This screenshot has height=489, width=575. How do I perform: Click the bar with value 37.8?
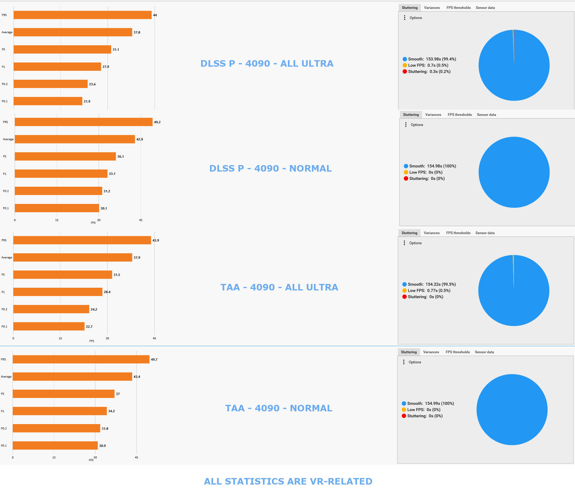73,32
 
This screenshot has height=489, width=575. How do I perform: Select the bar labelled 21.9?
48,101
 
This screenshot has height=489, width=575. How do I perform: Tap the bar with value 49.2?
84,122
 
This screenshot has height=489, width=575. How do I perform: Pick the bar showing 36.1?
65,156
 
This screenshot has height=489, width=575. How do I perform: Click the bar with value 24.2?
51,309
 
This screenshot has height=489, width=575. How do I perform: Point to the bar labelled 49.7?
81,359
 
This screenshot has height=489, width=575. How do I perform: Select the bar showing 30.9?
55,445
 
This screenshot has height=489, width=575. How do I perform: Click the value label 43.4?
137,377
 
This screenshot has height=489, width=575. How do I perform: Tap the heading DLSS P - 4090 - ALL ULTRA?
267,63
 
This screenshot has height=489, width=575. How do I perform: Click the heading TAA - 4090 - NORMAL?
279,408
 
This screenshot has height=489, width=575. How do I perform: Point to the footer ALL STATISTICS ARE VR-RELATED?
288,481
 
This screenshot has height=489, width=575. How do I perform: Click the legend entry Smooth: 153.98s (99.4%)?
429,59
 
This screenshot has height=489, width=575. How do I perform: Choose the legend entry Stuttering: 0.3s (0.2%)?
426,71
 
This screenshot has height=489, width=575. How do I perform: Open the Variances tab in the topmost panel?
432,8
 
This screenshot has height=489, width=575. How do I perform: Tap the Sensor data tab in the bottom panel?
484,352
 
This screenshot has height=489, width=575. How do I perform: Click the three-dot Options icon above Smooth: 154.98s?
406,125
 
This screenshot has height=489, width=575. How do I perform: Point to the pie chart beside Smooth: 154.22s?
514,290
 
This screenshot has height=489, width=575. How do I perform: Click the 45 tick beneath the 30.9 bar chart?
137,457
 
